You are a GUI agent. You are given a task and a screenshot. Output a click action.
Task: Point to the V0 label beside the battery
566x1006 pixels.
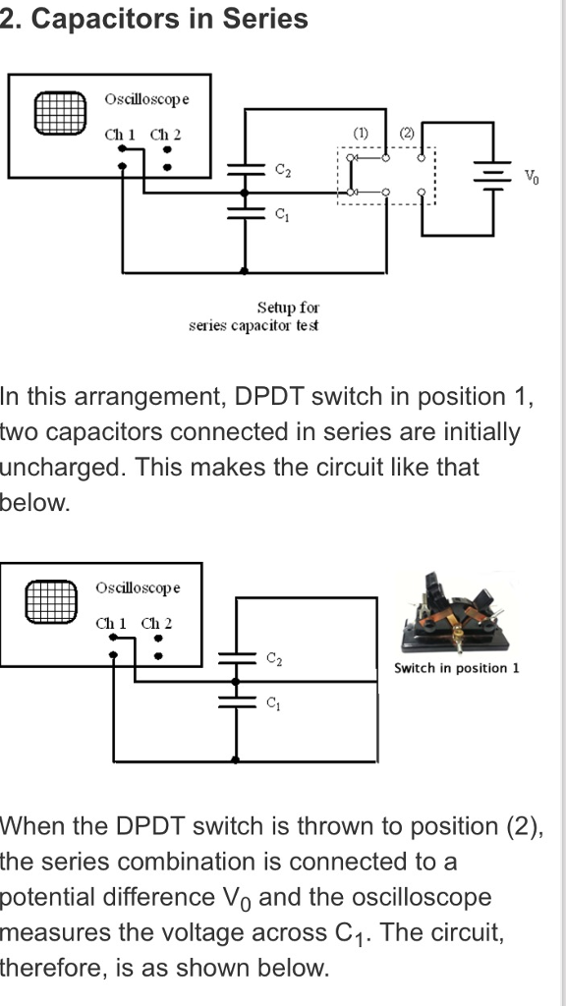(x=531, y=177)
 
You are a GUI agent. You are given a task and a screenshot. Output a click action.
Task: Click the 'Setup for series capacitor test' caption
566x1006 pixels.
(x=254, y=316)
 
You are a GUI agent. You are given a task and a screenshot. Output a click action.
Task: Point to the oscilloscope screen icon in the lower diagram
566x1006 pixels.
(x=51, y=601)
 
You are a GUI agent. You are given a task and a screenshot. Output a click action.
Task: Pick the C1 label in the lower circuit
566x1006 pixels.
(x=274, y=703)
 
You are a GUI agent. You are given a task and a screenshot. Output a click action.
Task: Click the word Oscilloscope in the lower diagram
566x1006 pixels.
(x=138, y=587)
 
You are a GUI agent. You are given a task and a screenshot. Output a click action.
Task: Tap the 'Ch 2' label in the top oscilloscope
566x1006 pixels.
(x=165, y=134)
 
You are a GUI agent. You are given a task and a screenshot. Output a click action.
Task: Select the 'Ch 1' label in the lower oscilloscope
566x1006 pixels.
(x=111, y=623)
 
